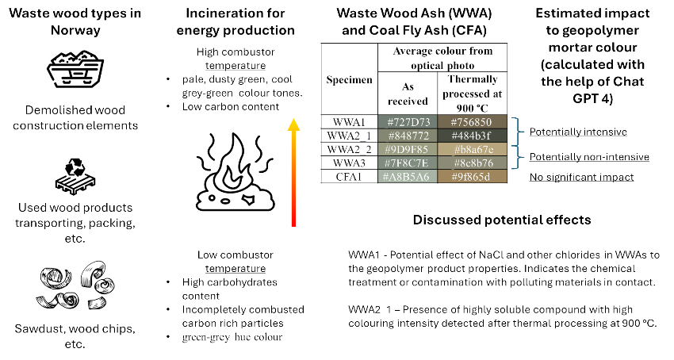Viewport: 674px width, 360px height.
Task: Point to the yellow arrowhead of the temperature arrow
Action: pyautogui.click(x=293, y=124)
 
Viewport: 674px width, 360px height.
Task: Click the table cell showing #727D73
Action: pyautogui.click(x=407, y=121)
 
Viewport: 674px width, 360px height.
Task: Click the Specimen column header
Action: pyautogui.click(x=349, y=80)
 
